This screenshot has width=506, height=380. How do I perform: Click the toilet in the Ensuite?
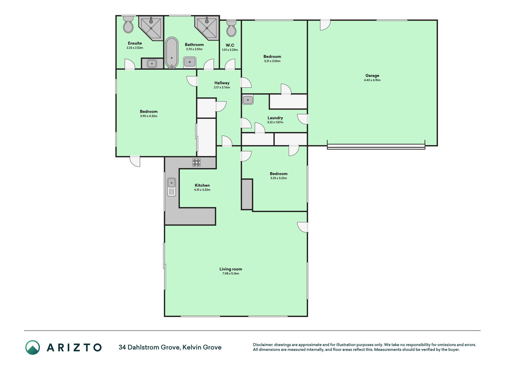pyautogui.click(x=128, y=24)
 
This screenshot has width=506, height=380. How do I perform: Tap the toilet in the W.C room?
pyautogui.click(x=231, y=28)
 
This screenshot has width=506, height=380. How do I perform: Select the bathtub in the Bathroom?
pyautogui.click(x=172, y=53)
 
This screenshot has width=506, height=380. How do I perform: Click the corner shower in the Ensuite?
pyautogui.click(x=151, y=28)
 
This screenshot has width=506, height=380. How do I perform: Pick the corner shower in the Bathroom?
pyautogui.click(x=207, y=28)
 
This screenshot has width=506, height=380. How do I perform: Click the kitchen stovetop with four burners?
pyautogui.click(x=197, y=162)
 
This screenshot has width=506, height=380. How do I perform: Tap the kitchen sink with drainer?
pyautogui.click(x=172, y=187)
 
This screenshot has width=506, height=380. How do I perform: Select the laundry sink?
pyautogui.click(x=248, y=100)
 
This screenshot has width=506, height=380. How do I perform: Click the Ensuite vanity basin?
pyautogui.click(x=152, y=63)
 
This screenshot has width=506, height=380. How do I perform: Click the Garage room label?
pyautogui.click(x=372, y=75)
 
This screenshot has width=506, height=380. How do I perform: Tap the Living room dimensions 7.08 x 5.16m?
pyautogui.click(x=231, y=273)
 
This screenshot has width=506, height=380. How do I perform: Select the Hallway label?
pyautogui.click(x=222, y=83)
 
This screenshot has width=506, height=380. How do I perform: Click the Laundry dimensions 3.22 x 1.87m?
pyautogui.click(x=275, y=122)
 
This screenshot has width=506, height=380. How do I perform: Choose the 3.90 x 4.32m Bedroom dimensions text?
pyautogui.click(x=149, y=116)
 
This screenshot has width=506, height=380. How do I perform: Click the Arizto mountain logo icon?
pyautogui.click(x=33, y=347)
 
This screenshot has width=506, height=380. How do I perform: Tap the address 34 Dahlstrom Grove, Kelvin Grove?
pyautogui.click(x=170, y=347)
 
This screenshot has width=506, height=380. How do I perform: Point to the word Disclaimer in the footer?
pyautogui.click(x=263, y=345)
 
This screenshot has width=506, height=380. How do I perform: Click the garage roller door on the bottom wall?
pyautogui.click(x=376, y=146)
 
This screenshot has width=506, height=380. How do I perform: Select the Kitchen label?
pyautogui.click(x=202, y=185)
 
